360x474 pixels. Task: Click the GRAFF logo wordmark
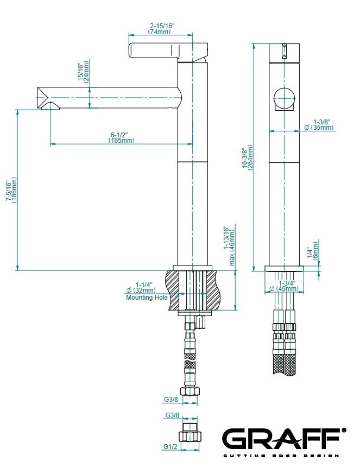point(282,438)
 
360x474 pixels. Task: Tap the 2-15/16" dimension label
point(162,26)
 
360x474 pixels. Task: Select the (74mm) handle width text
point(161,32)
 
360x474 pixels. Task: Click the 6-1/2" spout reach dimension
point(122,134)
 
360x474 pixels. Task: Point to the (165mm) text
point(122,141)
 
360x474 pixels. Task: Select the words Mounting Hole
point(147,298)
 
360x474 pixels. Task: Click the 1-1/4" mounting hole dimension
point(144,285)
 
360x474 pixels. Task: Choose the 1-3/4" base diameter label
point(288,283)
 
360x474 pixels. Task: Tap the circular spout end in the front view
point(284,98)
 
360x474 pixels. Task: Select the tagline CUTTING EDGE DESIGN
point(282,455)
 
